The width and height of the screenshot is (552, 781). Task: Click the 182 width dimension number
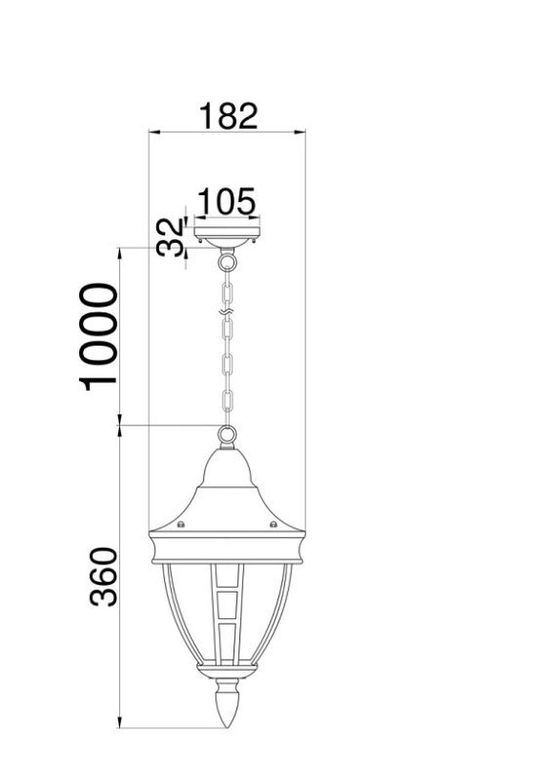click(x=229, y=116)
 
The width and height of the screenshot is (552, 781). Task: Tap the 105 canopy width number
click(x=227, y=202)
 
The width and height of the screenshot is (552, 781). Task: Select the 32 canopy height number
click(x=171, y=237)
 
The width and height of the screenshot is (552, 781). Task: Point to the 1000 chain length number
click(x=99, y=337)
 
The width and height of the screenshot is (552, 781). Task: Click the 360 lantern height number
click(x=104, y=577)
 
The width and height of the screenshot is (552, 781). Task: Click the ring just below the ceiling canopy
click(x=227, y=260)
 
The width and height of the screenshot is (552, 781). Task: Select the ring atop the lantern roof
click(x=227, y=433)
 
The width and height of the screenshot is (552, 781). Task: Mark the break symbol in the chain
click(x=227, y=311)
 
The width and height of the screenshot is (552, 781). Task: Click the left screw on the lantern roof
click(x=181, y=523)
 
